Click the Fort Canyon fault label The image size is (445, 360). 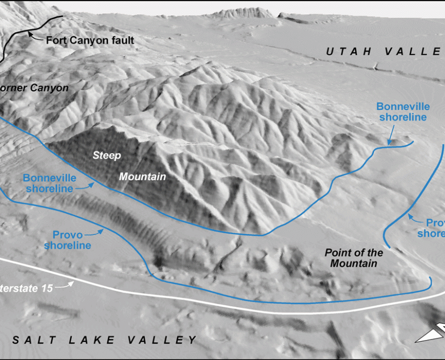click(90, 40)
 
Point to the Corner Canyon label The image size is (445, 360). click(34, 88)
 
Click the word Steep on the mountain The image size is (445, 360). click(107, 155)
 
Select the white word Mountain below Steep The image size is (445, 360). click(142, 177)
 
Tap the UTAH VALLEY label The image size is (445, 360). click(384, 51)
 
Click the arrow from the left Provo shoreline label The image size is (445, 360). click(94, 230)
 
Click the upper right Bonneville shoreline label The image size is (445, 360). click(401, 112)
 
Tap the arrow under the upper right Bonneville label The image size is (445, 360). click(391, 137)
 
